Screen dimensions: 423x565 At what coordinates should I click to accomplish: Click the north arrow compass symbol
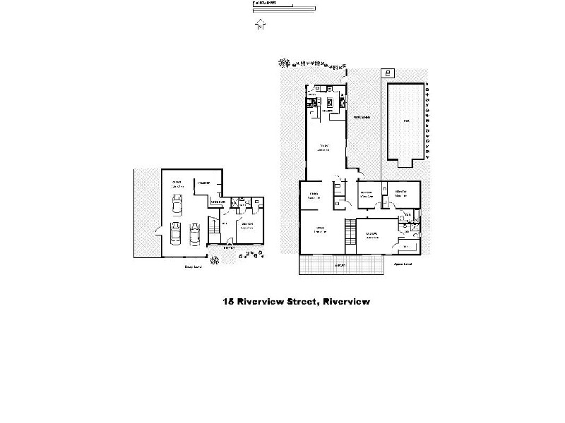pyautogui.click(x=261, y=26)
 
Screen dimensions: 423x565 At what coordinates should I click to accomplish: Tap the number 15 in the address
pyautogui.click(x=228, y=302)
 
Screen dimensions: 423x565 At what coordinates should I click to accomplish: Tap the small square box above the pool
pyautogui.click(x=387, y=73)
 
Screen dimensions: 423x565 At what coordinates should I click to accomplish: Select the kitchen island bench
pyautogui.click(x=328, y=103)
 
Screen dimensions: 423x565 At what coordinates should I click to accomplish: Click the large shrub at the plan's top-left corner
pyautogui.click(x=284, y=63)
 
